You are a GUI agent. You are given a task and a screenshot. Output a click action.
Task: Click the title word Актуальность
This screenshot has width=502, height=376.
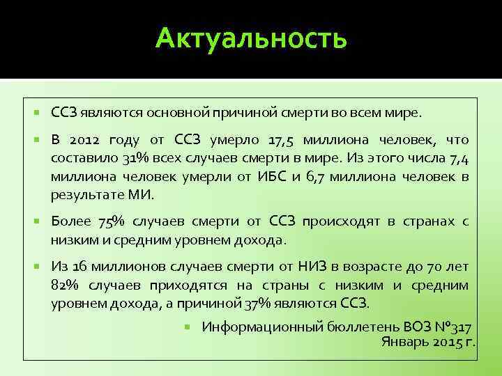pyautogui.click(x=251, y=38)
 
